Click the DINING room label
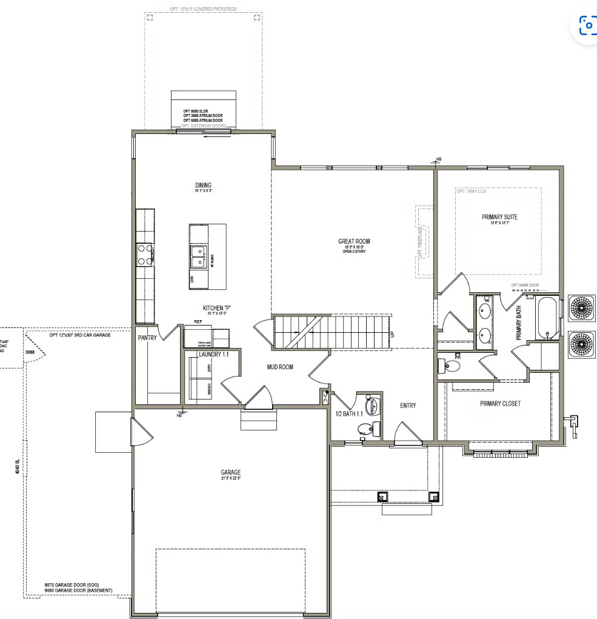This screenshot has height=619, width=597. [203, 186]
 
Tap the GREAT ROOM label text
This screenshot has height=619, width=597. [354, 241]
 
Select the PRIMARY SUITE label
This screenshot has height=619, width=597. [499, 216]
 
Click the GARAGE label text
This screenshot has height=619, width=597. [230, 472]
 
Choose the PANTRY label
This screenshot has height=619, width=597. [147, 338]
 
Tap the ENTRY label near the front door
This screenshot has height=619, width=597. [408, 406]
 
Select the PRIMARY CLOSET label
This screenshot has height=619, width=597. [500, 403]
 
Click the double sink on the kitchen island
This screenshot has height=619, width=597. [198, 257]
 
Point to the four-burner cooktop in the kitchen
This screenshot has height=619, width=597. [144, 254]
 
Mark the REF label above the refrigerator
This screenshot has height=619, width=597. [198, 322]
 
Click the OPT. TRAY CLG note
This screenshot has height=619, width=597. [470, 192]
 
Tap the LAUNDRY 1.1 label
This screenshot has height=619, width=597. [213, 354]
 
